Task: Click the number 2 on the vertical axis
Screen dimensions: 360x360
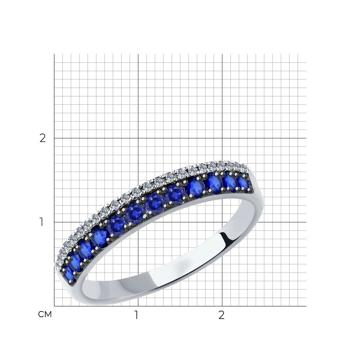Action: coord(43,138)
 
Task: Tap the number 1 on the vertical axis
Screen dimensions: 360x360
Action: coord(41,222)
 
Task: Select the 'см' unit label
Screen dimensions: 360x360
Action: coord(45,315)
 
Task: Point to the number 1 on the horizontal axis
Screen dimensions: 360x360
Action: coord(136,315)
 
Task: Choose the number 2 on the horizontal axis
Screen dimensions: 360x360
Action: coord(221,315)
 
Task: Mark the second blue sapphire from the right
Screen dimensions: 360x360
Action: coord(230,181)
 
